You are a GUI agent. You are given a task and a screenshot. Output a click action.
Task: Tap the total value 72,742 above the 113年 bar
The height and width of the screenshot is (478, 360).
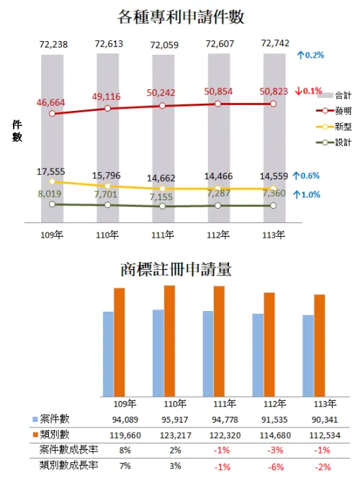click(x=277, y=45)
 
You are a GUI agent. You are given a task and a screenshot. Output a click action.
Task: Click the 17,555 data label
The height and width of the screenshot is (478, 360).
click(x=50, y=171)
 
